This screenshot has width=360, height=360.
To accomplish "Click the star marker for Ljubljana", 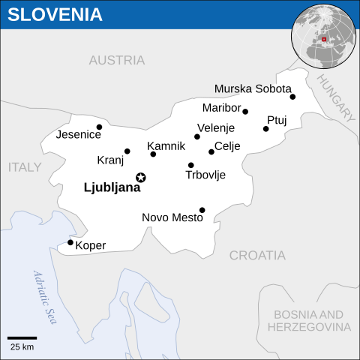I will click(x=140, y=177).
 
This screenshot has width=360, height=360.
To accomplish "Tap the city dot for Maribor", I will click(x=245, y=112).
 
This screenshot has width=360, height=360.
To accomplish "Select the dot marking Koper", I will click(x=70, y=242).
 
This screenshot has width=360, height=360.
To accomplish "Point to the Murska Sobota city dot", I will click(x=292, y=97).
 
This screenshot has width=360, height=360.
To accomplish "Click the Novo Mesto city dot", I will click(x=202, y=210).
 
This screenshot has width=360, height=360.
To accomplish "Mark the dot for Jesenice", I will click(x=99, y=127).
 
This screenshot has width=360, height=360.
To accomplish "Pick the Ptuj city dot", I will click(x=266, y=129).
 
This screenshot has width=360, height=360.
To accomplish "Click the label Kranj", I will click(x=110, y=160).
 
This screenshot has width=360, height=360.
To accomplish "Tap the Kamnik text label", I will click(x=166, y=145).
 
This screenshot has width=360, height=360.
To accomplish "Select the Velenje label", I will click(x=216, y=128).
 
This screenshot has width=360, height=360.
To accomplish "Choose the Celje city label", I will click(x=227, y=146).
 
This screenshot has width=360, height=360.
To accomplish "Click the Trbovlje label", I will click(x=205, y=175).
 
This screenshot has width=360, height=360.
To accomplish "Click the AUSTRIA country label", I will click(x=116, y=60).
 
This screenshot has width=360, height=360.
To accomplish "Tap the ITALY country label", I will click(x=25, y=167).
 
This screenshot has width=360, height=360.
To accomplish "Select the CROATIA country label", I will click(x=257, y=255).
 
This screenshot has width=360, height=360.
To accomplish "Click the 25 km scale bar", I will click(x=22, y=338).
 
